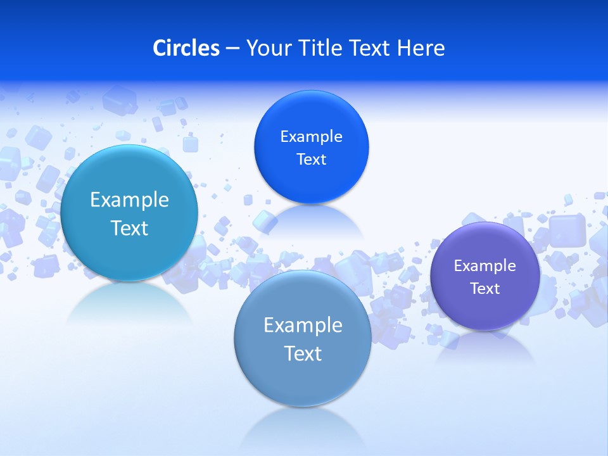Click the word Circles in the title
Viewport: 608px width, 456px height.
(186, 48)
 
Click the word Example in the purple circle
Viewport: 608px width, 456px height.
(484, 266)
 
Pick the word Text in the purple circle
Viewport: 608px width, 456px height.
(484, 289)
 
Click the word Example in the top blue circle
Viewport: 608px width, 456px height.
(311, 137)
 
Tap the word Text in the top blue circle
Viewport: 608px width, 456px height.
(311, 160)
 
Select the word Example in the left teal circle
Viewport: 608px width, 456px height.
(129, 200)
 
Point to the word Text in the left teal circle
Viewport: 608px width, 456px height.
(129, 228)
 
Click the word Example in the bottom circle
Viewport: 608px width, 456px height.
(303, 326)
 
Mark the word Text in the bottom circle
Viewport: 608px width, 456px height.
(303, 353)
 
